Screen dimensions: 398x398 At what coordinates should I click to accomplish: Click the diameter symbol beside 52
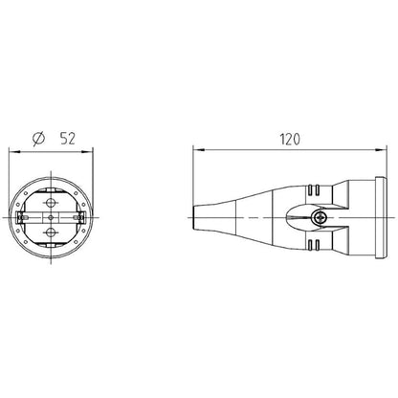[39, 139]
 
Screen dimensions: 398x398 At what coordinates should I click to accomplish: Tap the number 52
[67, 139]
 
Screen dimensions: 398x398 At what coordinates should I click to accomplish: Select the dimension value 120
[290, 140]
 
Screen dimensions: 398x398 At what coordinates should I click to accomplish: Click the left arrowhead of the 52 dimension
[14, 152]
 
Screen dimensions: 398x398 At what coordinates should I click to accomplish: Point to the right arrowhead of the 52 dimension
[87, 152]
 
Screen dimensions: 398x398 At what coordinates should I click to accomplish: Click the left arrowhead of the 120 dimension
[199, 150]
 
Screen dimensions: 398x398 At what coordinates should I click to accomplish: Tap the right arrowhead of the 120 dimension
[381, 150]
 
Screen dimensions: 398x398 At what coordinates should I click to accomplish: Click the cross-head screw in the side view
[319, 218]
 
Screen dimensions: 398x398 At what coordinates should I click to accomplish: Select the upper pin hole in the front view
[51, 202]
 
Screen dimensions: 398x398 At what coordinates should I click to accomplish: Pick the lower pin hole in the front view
[51, 232]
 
